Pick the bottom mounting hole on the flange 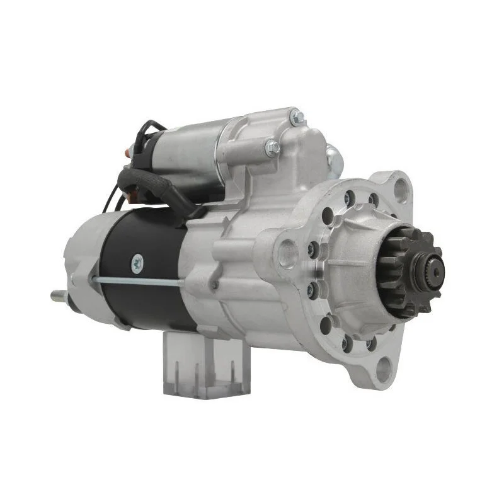tap(383, 369)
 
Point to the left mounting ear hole tap(288, 253)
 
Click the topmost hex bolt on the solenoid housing tap(297, 118)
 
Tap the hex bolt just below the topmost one tap(272, 149)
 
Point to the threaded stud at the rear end tap(59, 295)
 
